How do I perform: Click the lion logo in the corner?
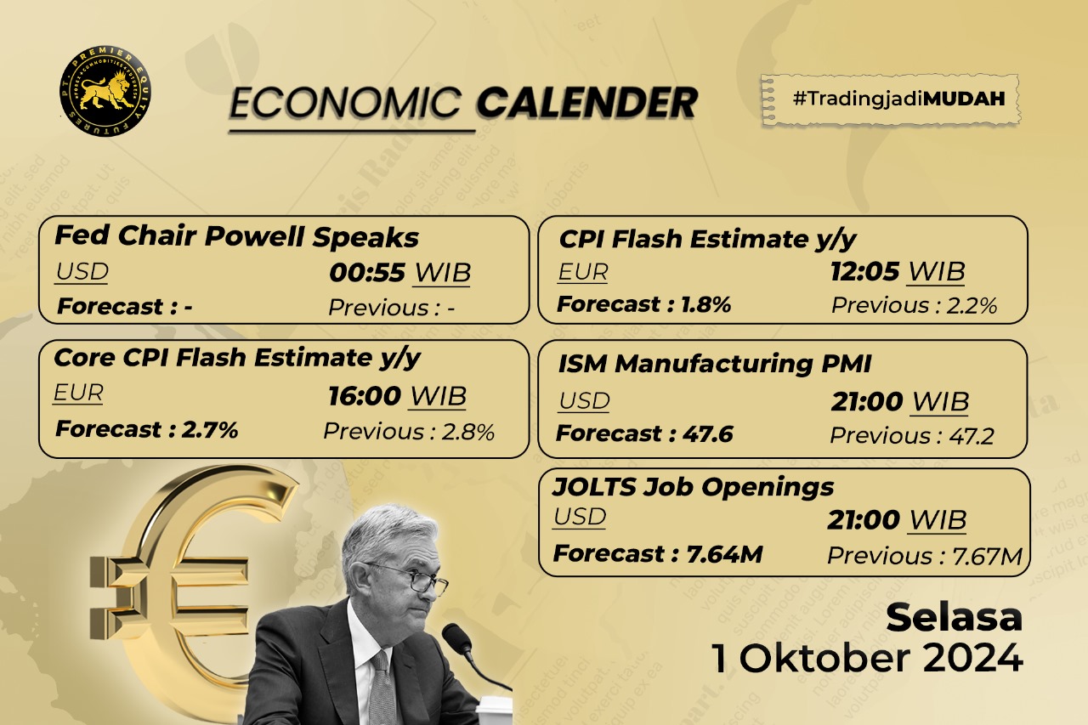point(99,93)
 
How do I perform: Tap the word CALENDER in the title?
point(586,103)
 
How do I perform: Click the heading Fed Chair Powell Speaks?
point(236,236)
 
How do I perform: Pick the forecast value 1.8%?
point(705,304)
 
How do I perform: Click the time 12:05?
point(864,272)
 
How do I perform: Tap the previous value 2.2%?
point(974,306)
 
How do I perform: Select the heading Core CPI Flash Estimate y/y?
point(237,358)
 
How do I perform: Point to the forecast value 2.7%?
point(209,429)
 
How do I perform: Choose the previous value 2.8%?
point(467,432)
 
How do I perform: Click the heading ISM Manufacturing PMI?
point(714,364)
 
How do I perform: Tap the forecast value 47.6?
point(707,434)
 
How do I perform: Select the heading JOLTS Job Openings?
point(693,487)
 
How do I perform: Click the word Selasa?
point(954,618)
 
